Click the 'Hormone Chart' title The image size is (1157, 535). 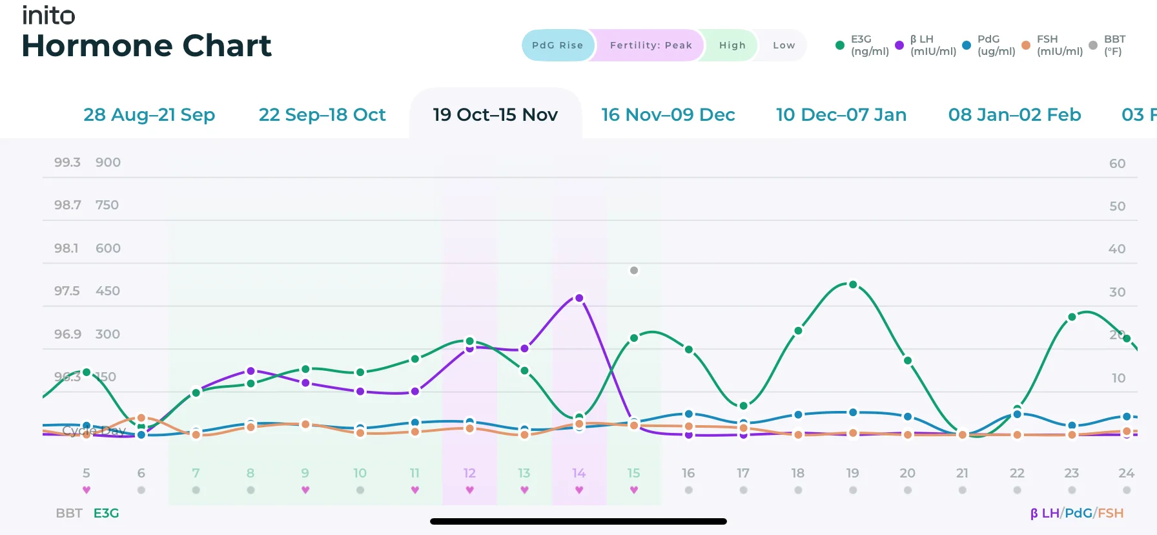147,46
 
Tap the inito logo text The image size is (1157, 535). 48,15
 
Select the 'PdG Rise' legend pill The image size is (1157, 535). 557,45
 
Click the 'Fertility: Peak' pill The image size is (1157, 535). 650,45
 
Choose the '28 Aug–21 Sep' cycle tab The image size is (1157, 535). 149,114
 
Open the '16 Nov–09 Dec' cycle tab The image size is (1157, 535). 668,114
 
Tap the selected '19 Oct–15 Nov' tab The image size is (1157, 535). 495,114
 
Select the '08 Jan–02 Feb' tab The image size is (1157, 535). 1014,114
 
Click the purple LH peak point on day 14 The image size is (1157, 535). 579,298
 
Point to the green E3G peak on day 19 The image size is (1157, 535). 853,284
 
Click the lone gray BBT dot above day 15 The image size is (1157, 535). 634,270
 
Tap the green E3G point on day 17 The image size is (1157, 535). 743,406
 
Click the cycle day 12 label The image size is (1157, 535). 469,473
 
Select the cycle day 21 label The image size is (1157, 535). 962,473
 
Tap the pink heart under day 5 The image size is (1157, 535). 87,490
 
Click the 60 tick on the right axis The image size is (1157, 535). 1117,163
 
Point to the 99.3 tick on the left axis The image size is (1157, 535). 67,162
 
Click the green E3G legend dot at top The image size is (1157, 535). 839,45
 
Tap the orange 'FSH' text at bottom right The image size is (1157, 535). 1111,513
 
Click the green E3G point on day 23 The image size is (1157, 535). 1072,317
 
